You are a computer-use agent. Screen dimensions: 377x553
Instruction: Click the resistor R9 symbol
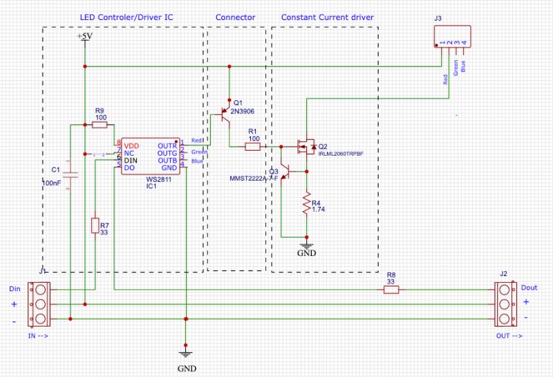[x=100, y=125]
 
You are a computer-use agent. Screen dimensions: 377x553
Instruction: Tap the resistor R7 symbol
[x=95, y=226]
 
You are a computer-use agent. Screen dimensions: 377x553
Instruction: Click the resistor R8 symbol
[x=391, y=291]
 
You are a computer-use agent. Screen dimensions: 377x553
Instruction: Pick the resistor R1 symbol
[x=252, y=147]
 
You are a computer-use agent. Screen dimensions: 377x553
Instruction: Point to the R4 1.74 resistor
[x=305, y=205]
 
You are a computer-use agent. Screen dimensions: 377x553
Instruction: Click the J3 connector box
[x=452, y=38]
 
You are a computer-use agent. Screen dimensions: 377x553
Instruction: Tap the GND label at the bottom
[x=185, y=367]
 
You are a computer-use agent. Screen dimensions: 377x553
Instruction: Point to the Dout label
[x=529, y=287]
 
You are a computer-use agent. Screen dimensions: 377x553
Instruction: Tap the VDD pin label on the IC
[x=131, y=146]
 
